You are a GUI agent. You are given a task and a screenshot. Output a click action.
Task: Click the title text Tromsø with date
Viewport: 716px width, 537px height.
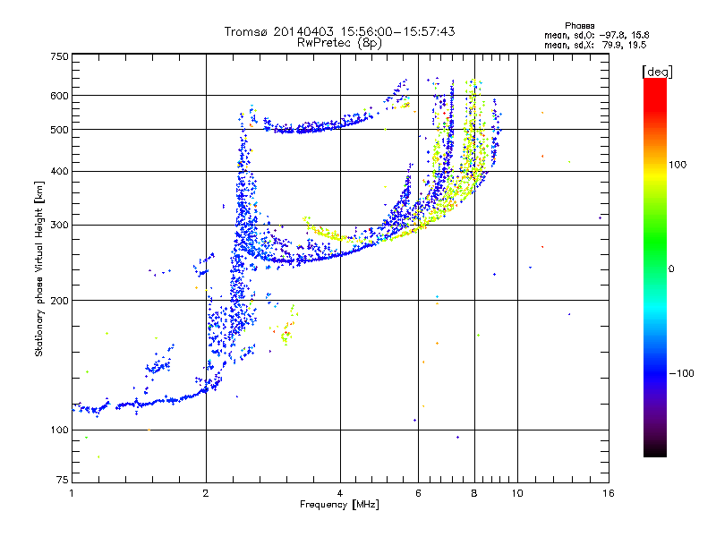(339, 31)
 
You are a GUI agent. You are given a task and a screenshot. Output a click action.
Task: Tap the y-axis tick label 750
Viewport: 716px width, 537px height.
(58, 55)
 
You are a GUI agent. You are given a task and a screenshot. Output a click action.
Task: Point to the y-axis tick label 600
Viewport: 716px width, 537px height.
(58, 95)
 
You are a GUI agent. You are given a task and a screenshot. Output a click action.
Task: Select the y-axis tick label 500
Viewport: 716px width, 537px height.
(58, 130)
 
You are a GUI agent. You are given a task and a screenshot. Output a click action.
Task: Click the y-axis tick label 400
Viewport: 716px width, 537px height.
(58, 171)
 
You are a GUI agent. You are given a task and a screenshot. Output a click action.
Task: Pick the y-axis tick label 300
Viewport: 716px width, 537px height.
(58, 225)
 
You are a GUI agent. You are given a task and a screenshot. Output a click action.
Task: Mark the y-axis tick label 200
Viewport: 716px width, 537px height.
(58, 300)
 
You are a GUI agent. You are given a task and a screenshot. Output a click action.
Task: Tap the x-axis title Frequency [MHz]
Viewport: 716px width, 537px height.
(339, 506)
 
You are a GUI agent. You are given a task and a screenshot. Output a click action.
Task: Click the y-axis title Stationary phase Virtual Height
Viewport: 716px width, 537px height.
(39, 268)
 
